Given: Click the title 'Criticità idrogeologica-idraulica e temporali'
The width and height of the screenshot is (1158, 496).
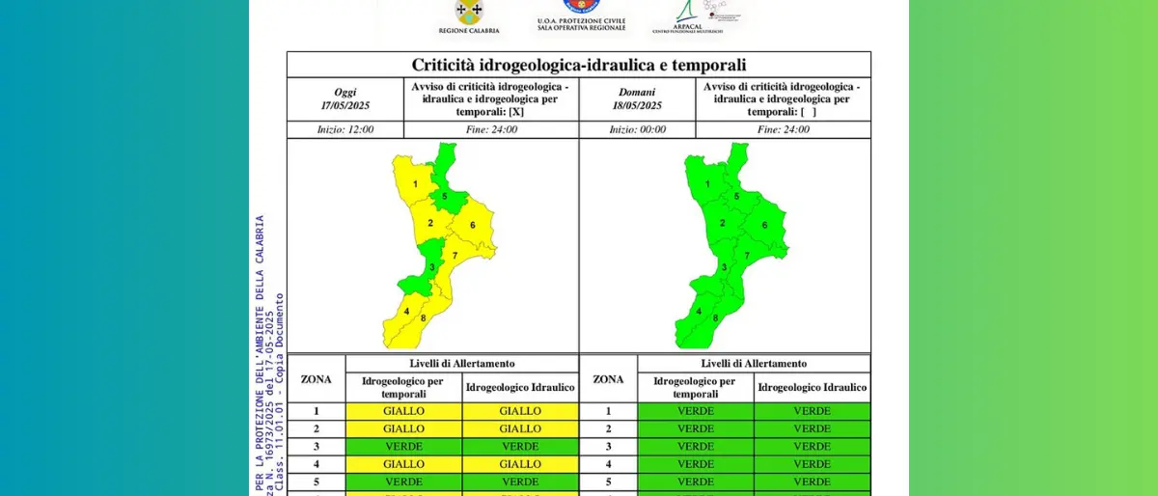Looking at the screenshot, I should tap(578, 65).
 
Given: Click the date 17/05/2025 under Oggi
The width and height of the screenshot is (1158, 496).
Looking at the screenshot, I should tap(345, 105).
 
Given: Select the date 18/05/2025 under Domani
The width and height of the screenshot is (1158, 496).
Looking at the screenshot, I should tap(636, 105).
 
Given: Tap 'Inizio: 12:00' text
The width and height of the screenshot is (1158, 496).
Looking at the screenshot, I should tap(345, 129).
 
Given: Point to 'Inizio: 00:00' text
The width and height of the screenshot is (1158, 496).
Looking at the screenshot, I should tap(636, 129).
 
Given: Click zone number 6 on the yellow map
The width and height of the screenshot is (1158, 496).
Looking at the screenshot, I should tap(473, 226).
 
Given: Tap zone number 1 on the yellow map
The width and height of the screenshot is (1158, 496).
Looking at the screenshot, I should tap(415, 183).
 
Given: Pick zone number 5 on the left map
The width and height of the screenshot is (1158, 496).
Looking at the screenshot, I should tap(445, 197).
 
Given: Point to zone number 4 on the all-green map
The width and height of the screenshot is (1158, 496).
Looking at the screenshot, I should tap(699, 311).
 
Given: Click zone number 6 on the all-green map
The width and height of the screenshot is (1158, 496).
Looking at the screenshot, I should tap(764, 226).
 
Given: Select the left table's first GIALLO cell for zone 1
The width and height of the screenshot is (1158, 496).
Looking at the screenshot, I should tap(403, 411).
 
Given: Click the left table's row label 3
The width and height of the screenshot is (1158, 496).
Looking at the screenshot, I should tap(316, 446).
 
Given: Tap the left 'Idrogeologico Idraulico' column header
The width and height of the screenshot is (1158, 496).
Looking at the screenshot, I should tap(520, 388).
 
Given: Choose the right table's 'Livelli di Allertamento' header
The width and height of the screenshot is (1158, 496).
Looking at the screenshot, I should tap(754, 364).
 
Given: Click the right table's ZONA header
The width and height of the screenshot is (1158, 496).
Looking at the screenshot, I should tap(608, 379).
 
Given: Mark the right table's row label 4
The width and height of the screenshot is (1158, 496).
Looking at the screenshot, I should tap(608, 463).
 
